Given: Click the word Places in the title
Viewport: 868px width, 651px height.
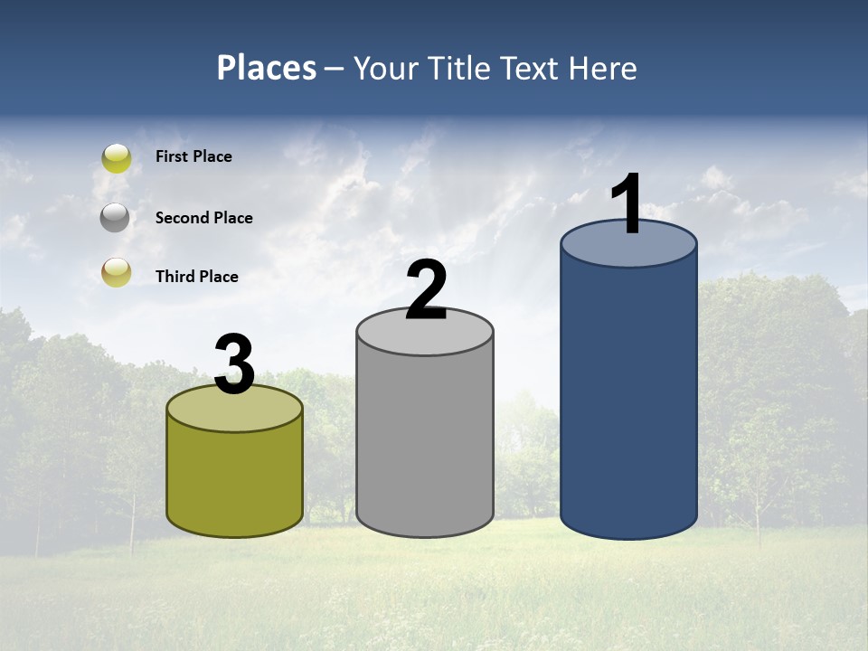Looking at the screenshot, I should tap(267, 68).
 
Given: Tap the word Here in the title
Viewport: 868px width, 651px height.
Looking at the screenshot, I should tap(604, 68).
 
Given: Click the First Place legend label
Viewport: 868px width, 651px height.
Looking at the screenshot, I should tap(193, 156).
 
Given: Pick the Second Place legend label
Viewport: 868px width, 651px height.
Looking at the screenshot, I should tap(203, 218).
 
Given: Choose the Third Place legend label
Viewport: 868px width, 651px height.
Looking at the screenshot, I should tap(196, 277).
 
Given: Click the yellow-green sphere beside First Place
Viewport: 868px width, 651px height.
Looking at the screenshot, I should tap(117, 158).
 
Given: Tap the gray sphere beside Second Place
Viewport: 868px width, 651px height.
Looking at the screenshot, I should tap(116, 218).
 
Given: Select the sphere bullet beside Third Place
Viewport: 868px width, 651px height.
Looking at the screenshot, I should tap(116, 272).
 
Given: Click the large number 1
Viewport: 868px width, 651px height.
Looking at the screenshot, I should tap(627, 203).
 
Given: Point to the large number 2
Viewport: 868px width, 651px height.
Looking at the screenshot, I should tap(426, 290).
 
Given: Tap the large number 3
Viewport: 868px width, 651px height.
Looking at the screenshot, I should tap(234, 364).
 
